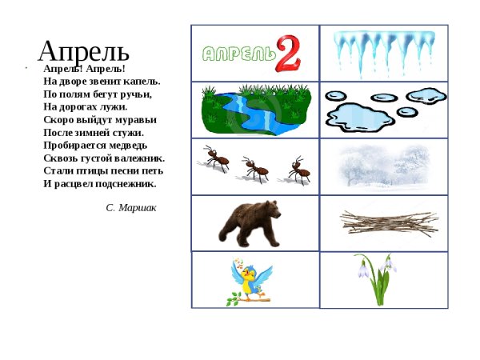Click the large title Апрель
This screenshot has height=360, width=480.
point(83,50)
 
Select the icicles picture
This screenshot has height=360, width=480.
point(383,50)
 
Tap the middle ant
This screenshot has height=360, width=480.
point(255,168)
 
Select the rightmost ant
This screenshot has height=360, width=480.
point(297,170)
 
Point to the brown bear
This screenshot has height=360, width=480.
point(250,222)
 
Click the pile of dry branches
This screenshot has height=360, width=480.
point(388,222)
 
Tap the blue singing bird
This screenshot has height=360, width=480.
point(251,281)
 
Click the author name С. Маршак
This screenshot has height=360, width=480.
point(130,207)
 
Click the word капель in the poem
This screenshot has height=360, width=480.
point(144,81)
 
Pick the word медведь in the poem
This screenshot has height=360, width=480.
point(126,145)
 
